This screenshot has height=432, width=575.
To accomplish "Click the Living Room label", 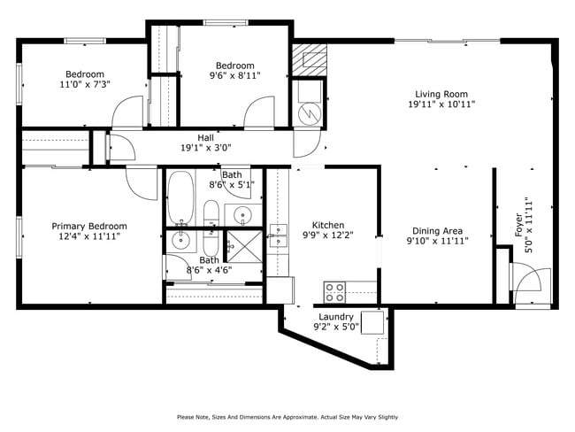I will [441, 94].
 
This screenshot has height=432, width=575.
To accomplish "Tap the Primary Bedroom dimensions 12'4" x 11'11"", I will [88, 236].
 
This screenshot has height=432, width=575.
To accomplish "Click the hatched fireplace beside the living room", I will [309, 58].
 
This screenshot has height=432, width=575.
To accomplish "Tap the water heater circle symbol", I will [310, 113].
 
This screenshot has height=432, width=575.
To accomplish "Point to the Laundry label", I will [336, 317].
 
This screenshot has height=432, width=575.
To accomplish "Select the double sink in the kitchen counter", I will [278, 235].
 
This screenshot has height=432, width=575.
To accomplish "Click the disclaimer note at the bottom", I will [287, 416].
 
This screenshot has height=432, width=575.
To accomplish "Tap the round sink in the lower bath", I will [181, 241].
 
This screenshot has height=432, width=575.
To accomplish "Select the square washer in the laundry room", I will [372, 320].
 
